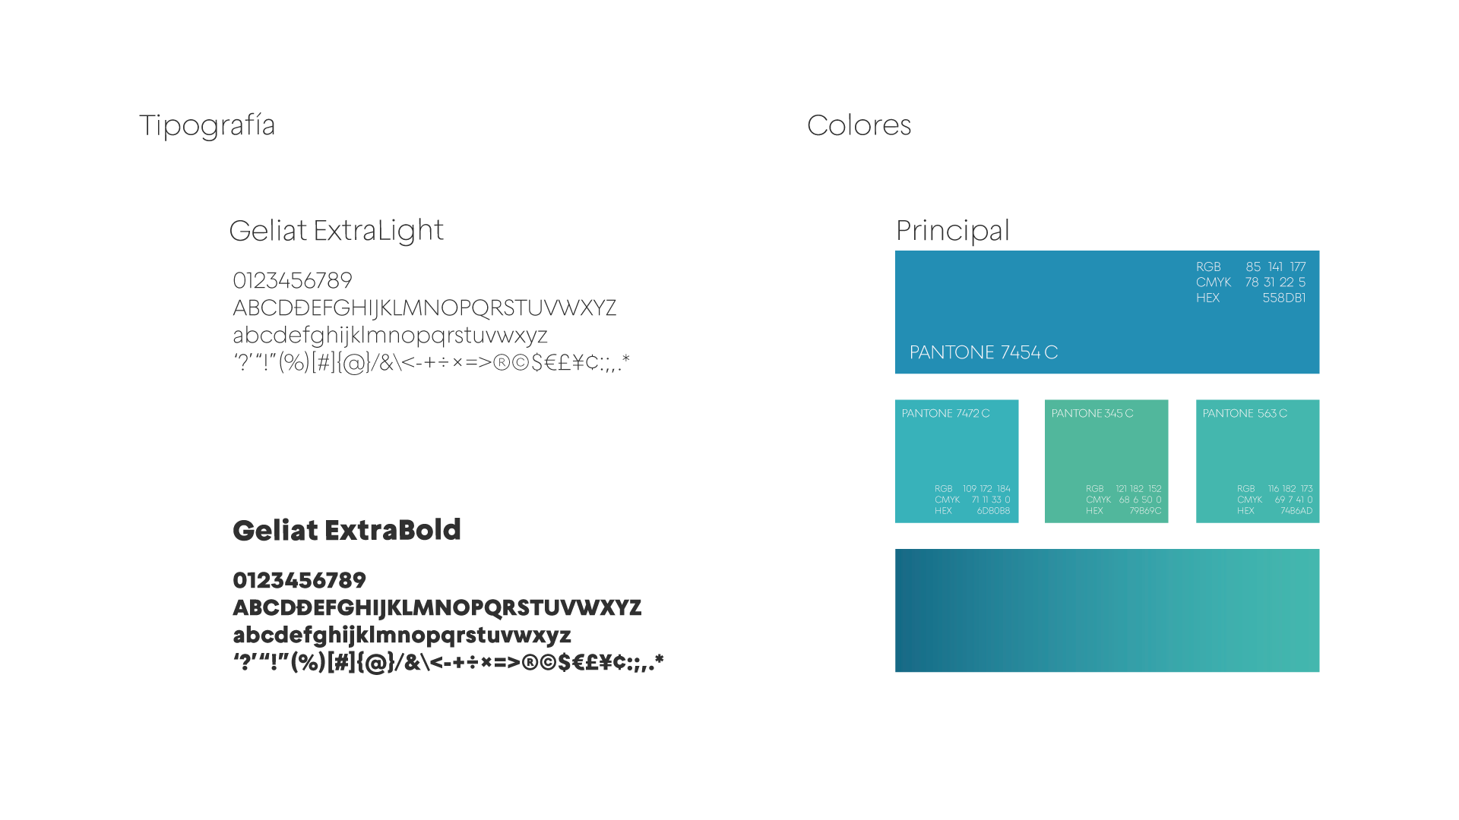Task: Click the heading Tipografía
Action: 207,125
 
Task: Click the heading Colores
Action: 859,125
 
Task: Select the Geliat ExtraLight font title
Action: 336,230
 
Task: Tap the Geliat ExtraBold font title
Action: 347,530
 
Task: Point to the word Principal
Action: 952,231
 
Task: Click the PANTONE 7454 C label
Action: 983,352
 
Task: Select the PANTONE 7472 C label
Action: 945,414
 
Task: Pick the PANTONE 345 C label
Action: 1092,414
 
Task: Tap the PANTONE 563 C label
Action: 1245,414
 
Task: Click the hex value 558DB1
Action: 1284,298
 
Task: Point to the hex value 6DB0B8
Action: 993,511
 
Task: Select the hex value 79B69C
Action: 1145,511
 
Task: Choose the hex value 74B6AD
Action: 1296,511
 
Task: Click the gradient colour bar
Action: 1107,610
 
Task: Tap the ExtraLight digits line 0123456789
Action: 293,281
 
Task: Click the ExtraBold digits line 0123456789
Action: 299,581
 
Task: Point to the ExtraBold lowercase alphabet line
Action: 402,635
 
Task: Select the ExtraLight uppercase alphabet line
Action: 424,308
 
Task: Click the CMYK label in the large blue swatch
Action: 1214,282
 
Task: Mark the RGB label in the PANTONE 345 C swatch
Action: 1094,489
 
